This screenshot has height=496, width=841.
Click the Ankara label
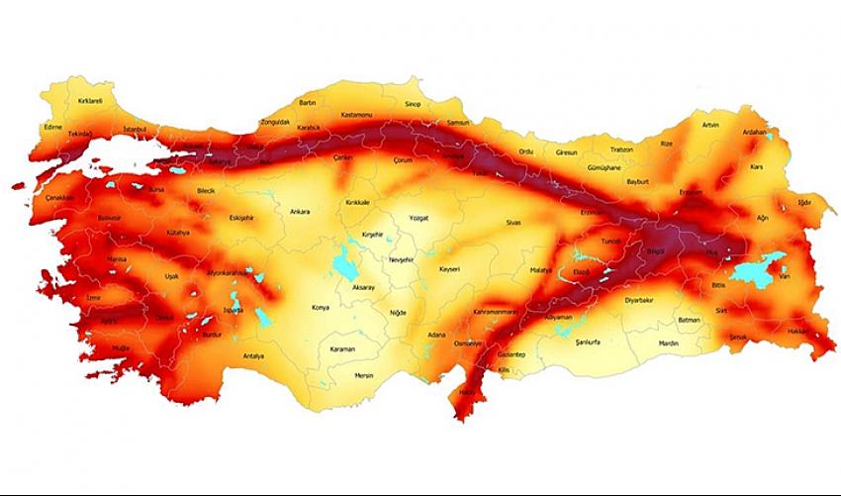tap(299, 211)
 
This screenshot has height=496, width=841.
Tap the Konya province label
tap(320, 307)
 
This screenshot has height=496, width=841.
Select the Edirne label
tap(53, 127)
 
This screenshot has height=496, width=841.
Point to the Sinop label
tap(414, 103)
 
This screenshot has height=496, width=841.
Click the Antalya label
tap(251, 355)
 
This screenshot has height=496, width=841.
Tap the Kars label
tap(758, 166)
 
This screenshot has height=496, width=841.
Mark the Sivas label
tap(513, 223)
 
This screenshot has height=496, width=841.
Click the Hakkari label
tap(799, 331)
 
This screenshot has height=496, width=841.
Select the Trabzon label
tap(621, 149)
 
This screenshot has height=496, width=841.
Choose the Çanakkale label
tap(59, 197)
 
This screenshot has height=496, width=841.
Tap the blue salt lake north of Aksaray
tap(346, 264)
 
